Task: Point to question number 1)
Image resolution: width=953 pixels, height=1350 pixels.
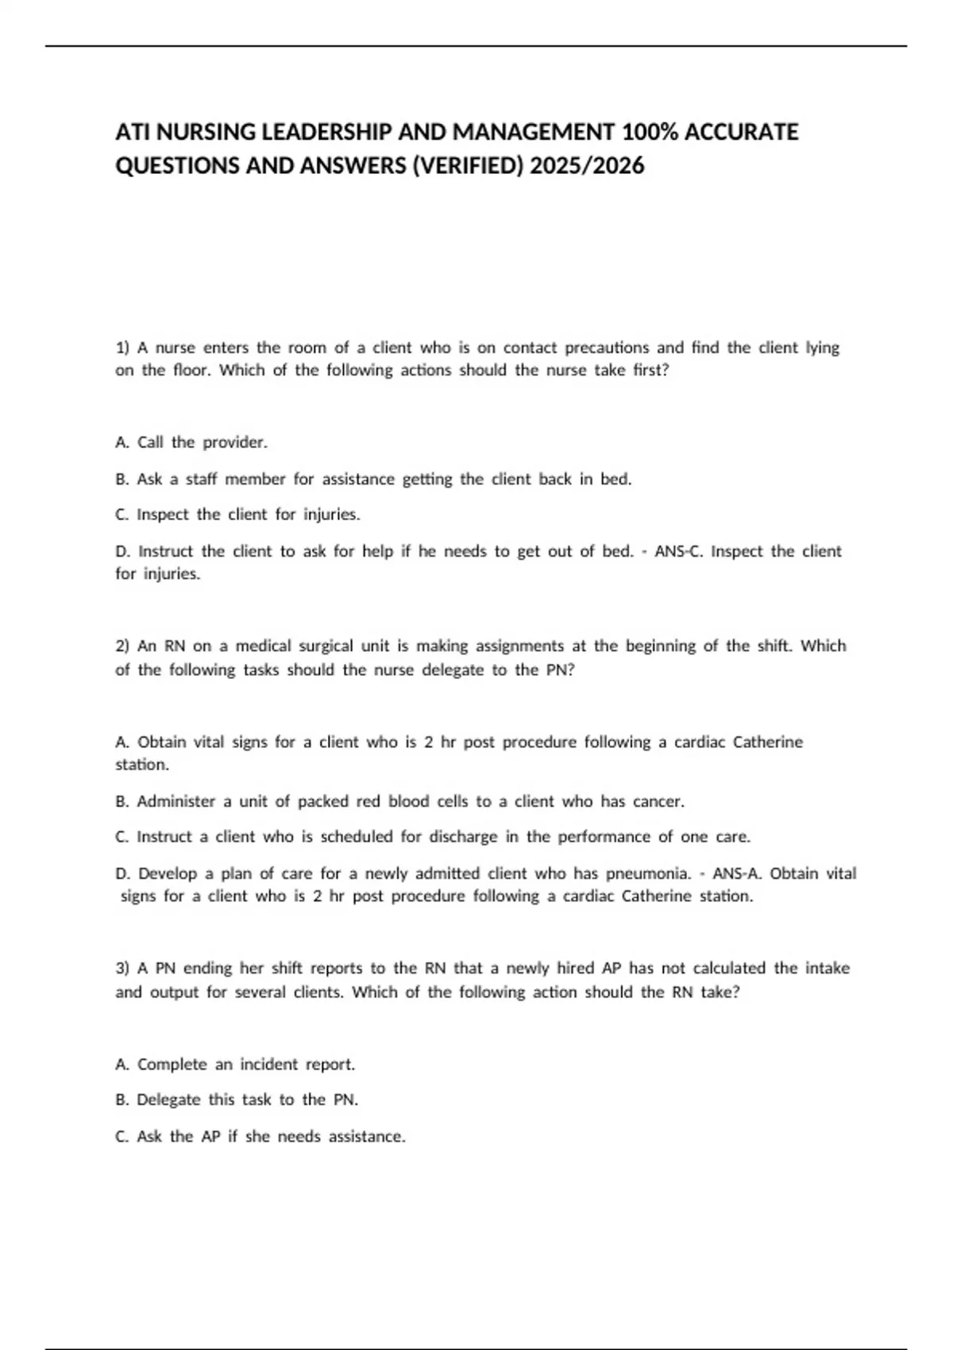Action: click(x=122, y=348)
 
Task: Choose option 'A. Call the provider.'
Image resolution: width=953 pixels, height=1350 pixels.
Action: click(x=191, y=442)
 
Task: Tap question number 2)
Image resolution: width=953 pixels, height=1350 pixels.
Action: click(x=122, y=646)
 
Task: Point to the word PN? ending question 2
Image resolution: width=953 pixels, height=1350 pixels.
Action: click(x=561, y=670)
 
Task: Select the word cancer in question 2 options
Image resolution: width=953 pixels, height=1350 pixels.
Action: click(x=658, y=802)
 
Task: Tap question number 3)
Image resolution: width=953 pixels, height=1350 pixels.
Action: click(x=122, y=969)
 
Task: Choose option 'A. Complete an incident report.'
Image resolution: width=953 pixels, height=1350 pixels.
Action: click(x=235, y=1065)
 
